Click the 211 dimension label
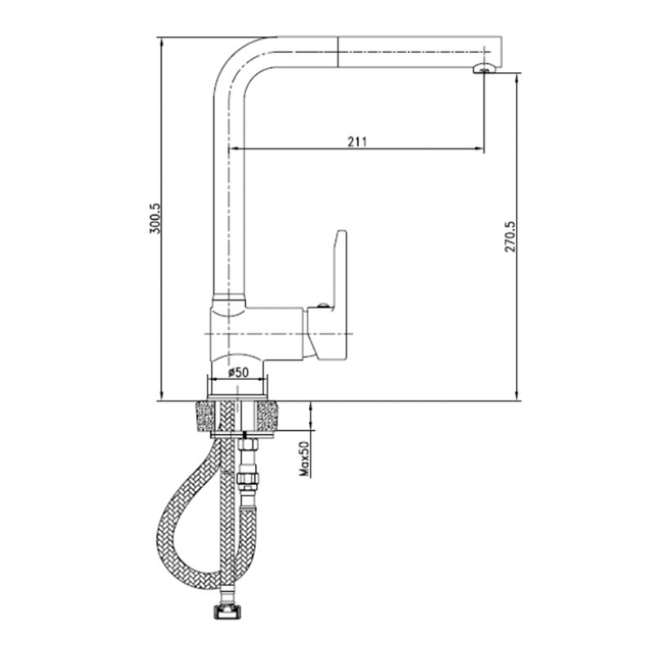pos(357,141)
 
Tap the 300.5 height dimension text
pos(155,218)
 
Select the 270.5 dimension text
pos(510,236)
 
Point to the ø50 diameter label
pos(238,372)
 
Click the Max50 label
pos(304,459)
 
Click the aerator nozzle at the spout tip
pos(483,69)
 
